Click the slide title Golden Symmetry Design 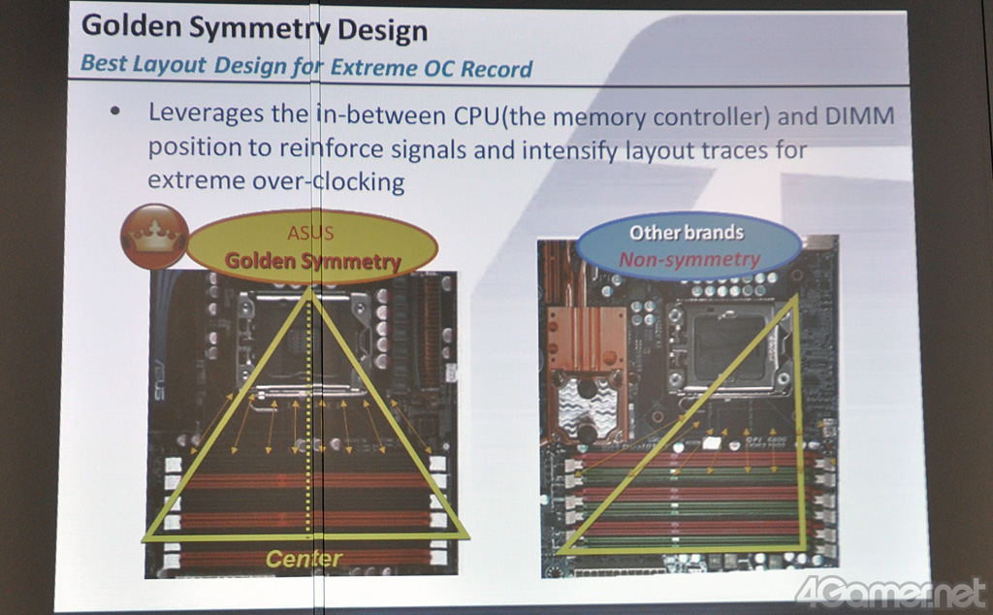254,29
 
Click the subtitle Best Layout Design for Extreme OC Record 306,67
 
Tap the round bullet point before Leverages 116,112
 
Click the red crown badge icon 154,236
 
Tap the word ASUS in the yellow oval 310,233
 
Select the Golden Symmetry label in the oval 312,260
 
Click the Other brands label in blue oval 687,233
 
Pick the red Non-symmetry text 689,259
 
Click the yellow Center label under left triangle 304,559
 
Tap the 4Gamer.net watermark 890,591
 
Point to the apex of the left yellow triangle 309,289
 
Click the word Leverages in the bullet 208,113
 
